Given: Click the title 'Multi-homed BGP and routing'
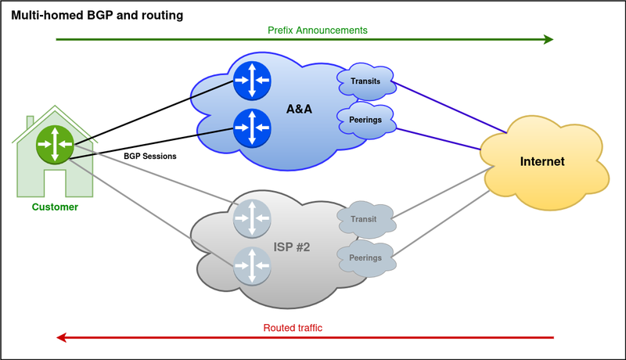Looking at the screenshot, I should click(x=98, y=14).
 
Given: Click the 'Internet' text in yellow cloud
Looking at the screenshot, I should click(x=542, y=161).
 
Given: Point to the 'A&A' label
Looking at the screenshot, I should click(x=299, y=110).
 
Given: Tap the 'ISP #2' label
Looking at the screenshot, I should click(x=292, y=247).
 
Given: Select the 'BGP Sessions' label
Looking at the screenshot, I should click(x=150, y=156).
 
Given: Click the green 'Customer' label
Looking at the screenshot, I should click(x=55, y=207).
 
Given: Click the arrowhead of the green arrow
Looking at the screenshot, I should click(x=548, y=40).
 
